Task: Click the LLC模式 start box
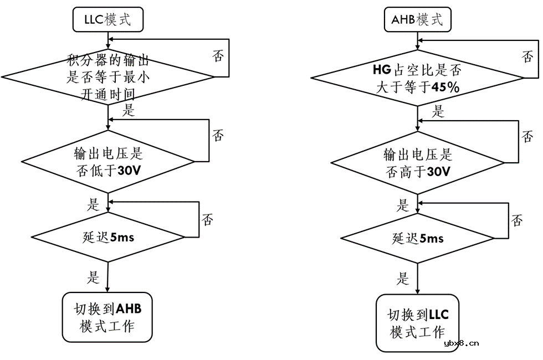pos(107,20)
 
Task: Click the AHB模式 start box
pos(417,20)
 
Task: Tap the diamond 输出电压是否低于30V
pos(107,162)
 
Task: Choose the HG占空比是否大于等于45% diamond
pos(417,79)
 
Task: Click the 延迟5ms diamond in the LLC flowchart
pos(107,238)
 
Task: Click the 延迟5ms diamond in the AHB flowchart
pos(417,239)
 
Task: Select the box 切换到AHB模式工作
pos(107,317)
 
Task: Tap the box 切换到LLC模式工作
pos(417,323)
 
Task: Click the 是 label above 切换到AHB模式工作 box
pos(93,275)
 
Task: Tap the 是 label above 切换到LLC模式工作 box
pos(403,278)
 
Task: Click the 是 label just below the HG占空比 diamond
pos(438,112)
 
